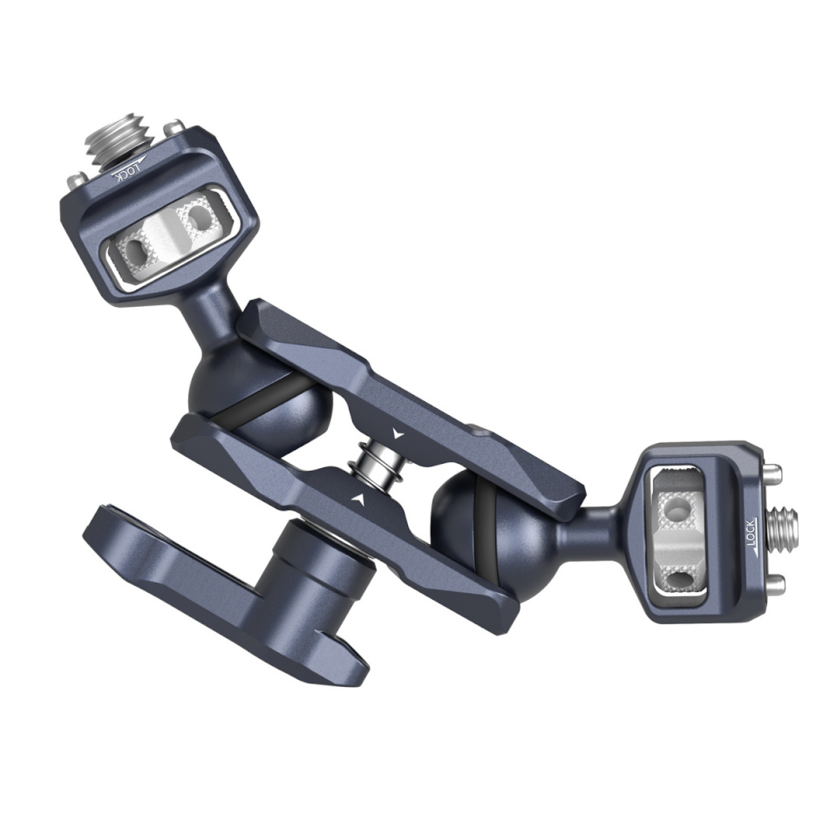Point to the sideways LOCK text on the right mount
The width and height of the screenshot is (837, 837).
tap(752, 533)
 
